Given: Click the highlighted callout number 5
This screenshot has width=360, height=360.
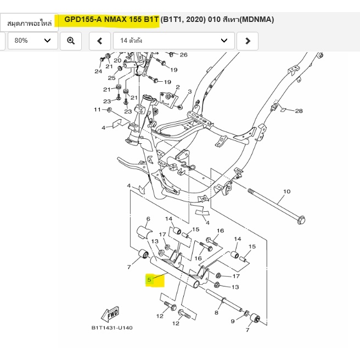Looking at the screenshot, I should point(149,280).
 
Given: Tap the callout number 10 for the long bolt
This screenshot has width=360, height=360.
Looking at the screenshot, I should point(286,192).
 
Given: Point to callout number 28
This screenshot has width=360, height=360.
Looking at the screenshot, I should point(299,111).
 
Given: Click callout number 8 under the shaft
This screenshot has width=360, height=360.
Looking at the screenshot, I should point(216,313).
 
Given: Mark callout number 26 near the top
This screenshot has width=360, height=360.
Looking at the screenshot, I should point(183,54).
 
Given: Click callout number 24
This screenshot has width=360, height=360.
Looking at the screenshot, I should point(98,71).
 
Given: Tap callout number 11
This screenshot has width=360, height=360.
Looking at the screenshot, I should point(97,110).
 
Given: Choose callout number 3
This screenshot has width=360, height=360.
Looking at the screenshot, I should point(189,92).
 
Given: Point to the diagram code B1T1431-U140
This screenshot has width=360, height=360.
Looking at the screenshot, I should point(112,328).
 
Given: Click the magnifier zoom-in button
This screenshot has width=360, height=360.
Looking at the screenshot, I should point(71,41).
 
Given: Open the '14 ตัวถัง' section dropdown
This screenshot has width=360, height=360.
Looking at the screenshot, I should point(173,41).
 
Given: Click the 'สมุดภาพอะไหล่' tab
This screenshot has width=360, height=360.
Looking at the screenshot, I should point(30,24).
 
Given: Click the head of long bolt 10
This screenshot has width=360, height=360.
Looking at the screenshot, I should point(300,221).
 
